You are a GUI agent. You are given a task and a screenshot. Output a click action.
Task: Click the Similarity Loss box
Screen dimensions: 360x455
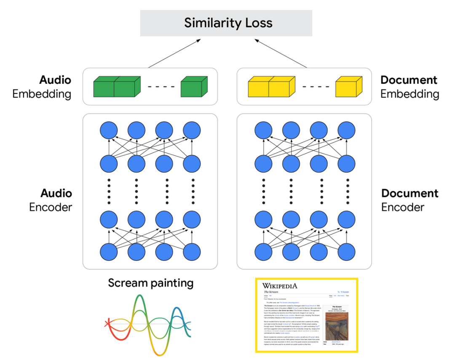[228, 22]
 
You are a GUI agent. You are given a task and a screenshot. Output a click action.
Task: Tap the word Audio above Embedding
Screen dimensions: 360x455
[55, 80]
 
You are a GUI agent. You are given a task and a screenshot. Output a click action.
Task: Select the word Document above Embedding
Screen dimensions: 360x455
[409, 80]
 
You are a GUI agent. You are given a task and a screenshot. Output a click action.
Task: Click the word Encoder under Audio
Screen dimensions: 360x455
[51, 207]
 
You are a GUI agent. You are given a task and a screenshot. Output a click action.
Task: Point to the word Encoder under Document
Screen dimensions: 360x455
[403, 207]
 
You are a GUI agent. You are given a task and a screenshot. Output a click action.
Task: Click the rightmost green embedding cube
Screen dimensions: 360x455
[193, 86]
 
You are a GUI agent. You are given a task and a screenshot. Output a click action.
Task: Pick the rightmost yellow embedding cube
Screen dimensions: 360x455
[348, 86]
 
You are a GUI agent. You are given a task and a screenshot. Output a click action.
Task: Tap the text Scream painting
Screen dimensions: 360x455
[150, 283]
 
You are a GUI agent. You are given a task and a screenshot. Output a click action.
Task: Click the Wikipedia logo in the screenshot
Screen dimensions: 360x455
[280, 286]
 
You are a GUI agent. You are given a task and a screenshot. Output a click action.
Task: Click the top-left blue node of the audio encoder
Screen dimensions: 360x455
[109, 129]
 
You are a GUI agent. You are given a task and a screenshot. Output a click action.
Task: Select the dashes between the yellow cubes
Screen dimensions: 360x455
[316, 87]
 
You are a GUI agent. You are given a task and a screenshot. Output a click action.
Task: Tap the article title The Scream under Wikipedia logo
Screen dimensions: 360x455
[272, 292]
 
